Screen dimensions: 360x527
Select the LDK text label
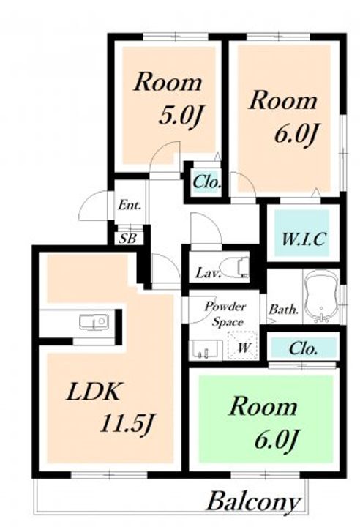coord(93,392)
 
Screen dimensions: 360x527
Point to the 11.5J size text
coord(127,424)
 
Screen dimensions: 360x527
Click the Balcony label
coord(253,502)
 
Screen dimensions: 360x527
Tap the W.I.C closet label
coord(304,239)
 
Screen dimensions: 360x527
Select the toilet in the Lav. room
coord(236,268)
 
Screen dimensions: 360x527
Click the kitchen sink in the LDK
coord(94,322)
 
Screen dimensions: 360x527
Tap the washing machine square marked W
coord(243,345)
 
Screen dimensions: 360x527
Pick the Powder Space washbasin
coord(206,350)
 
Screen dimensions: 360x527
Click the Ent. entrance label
coord(129,205)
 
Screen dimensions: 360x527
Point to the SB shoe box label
coord(128,239)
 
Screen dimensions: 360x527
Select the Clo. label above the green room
coord(303,348)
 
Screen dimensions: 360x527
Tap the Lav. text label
coord(208,272)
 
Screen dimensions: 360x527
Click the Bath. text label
coord(284,309)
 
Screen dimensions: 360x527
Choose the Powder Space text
coord(226,315)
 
